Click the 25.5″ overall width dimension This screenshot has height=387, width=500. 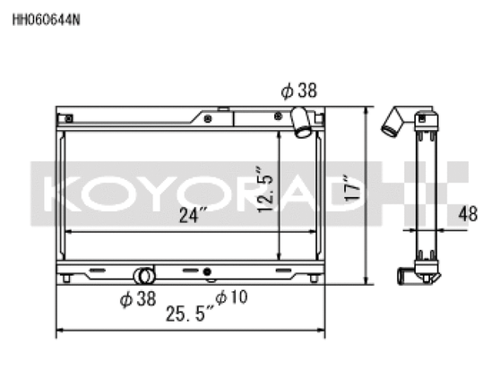point(189,314)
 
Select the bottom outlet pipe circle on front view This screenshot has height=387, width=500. point(142,275)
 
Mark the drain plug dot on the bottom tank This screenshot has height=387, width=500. point(207,271)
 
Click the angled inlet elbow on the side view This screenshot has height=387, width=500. point(392,121)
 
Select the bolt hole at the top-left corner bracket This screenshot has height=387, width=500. point(66,118)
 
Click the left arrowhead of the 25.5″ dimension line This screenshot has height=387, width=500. point(60,330)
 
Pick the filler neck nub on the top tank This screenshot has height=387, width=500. point(207,116)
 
